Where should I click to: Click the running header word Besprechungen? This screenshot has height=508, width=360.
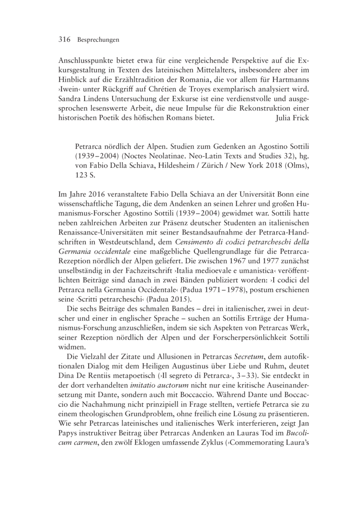pyautogui.click(x=98, y=40)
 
